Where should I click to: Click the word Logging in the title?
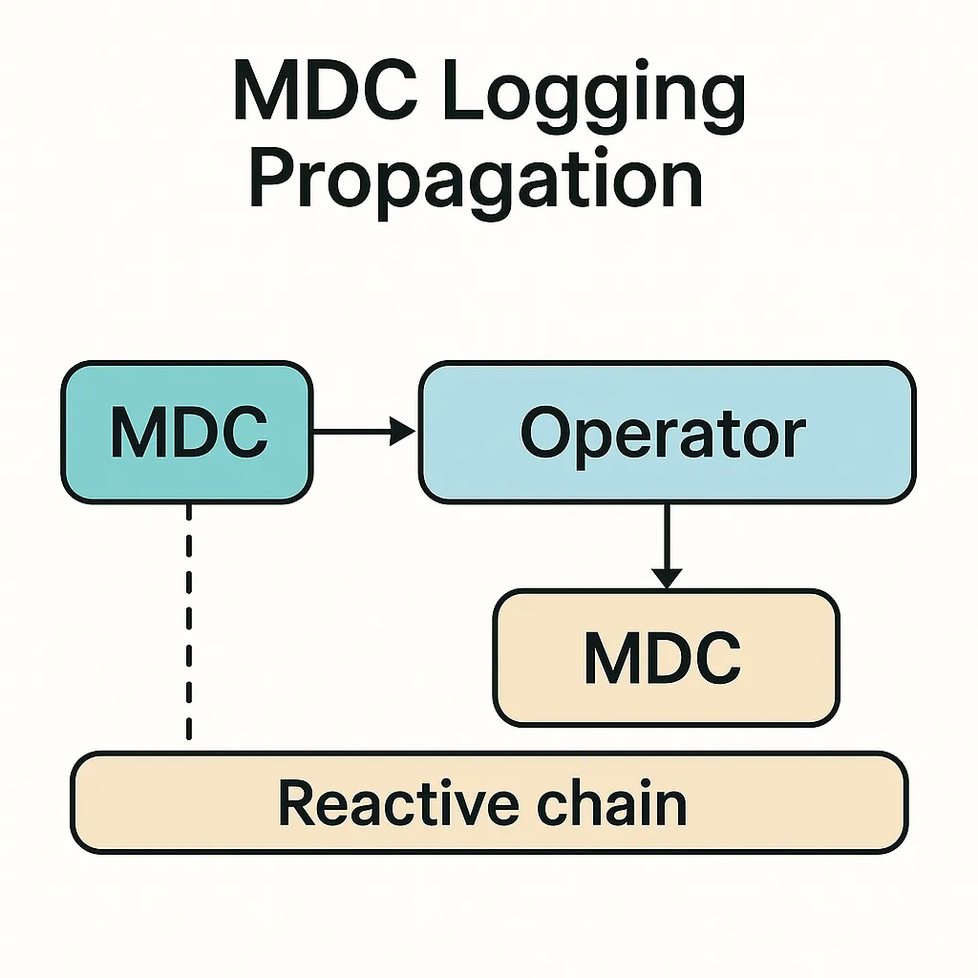coord(594,96)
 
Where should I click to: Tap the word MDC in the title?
coord(326,90)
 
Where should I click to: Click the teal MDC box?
coord(187,433)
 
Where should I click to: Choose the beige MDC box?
coord(666,658)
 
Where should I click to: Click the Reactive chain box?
coord(489,802)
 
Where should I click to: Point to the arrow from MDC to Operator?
coord(364,431)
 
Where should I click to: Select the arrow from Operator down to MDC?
coord(667,546)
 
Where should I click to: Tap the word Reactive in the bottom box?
coord(398,803)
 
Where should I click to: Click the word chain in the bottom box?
coord(612,802)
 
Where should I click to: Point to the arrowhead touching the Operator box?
coord(403,431)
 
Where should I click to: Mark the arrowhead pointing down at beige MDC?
coord(667,579)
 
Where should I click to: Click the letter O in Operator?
coord(546,433)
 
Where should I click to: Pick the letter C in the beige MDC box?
coord(716,658)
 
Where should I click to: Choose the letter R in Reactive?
coord(297,802)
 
